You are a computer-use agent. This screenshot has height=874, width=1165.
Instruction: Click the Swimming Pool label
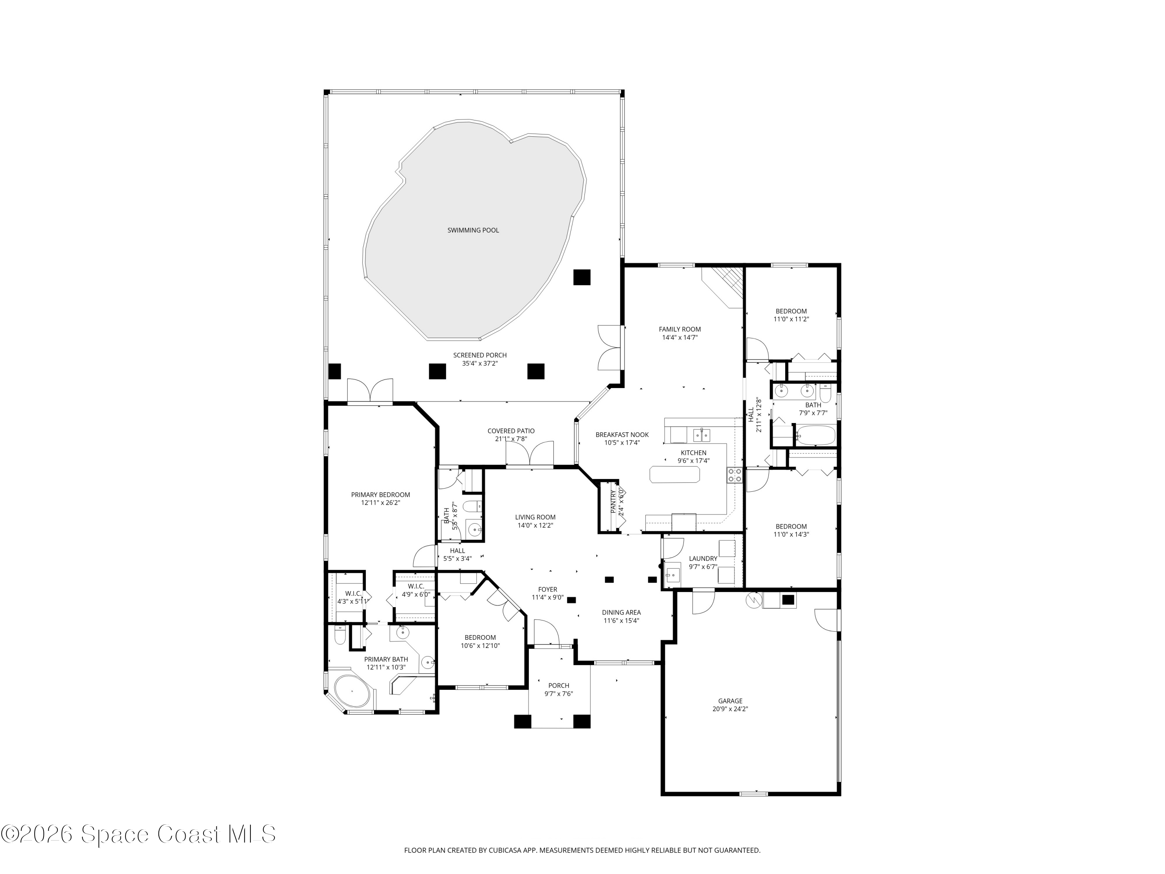pyautogui.click(x=473, y=230)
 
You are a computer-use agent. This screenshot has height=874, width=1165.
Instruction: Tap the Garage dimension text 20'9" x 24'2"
pyautogui.click(x=730, y=709)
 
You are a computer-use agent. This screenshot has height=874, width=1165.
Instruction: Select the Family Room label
pyautogui.click(x=680, y=329)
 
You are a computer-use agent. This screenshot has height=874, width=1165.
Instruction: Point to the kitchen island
pyautogui.click(x=675, y=474)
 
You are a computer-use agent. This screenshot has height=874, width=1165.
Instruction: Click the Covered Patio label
pyautogui.click(x=511, y=431)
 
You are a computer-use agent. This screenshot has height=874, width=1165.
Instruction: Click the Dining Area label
pyautogui.click(x=621, y=612)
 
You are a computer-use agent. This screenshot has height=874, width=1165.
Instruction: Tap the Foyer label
pyautogui.click(x=547, y=590)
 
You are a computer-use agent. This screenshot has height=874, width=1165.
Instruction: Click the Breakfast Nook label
pyautogui.click(x=622, y=435)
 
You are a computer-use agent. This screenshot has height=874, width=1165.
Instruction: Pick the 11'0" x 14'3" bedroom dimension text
pyautogui.click(x=791, y=534)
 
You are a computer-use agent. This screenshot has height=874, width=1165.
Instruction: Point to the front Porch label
pyautogui.click(x=558, y=685)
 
